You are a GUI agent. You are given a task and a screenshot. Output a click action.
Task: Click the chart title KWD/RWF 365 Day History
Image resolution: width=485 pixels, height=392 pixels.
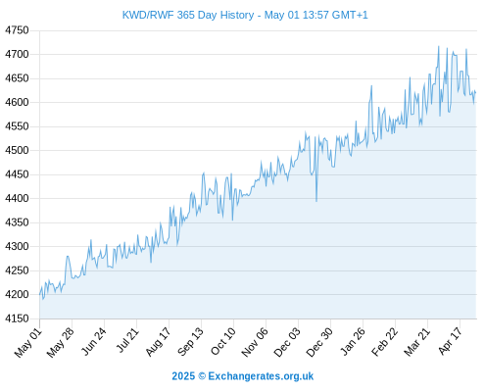pyautogui.click(x=188, y=15)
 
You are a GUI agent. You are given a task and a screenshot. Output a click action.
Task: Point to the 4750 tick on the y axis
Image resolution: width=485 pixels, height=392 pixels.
pyautogui.click(x=17, y=30)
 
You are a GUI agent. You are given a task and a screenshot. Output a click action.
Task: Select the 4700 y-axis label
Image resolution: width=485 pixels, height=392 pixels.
pyautogui.click(x=17, y=54)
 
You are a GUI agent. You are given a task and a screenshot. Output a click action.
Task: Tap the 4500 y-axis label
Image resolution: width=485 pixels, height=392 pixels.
pyautogui.click(x=17, y=150)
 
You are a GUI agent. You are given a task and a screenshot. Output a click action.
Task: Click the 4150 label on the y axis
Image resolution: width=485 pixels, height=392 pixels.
pyautogui.click(x=17, y=318)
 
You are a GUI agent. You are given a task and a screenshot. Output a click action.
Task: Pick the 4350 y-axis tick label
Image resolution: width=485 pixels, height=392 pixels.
pyautogui.click(x=17, y=222)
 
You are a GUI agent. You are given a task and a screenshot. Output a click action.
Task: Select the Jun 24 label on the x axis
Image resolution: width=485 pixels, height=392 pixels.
pyautogui.click(x=93, y=342)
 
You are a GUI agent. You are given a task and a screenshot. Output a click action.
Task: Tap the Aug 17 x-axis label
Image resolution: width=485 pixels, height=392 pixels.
pyautogui.click(x=158, y=342)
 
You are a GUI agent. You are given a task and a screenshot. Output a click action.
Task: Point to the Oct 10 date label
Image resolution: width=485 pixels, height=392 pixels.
pyautogui.click(x=222, y=342)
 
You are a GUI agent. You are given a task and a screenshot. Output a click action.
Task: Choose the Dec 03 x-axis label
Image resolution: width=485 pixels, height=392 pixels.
pyautogui.click(x=287, y=342)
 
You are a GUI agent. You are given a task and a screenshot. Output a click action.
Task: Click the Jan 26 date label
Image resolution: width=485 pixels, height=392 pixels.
pyautogui.click(x=352, y=342)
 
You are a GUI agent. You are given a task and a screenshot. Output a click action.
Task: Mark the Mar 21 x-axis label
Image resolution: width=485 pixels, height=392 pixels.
pyautogui.click(x=416, y=342)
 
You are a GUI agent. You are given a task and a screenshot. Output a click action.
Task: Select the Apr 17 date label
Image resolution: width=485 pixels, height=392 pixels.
pyautogui.click(x=450, y=341)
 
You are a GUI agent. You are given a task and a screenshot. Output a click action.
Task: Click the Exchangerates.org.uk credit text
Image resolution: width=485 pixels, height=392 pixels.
pyautogui.click(x=261, y=376)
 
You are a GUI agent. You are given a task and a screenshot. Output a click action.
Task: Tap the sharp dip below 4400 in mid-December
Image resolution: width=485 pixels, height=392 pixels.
pyautogui.click(x=316, y=201)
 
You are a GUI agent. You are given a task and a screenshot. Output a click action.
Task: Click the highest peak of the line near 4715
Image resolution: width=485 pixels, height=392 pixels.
pyautogui.click(x=439, y=46)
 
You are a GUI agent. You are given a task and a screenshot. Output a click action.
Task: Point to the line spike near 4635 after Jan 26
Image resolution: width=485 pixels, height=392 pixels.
pyautogui.click(x=371, y=86)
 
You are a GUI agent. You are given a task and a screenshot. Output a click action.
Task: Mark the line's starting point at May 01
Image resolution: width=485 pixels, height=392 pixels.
pyautogui.click(x=40, y=294)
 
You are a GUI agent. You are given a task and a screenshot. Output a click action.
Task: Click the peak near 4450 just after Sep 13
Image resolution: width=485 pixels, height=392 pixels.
pyautogui.click(x=204, y=172)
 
